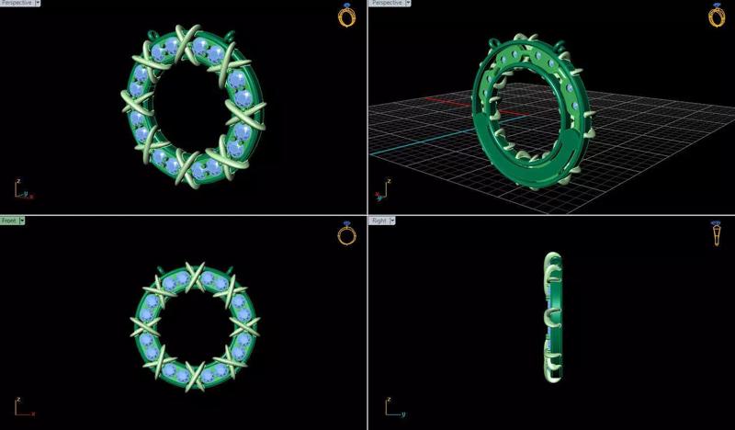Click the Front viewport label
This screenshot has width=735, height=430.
(x=9, y=221)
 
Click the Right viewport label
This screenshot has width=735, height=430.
(x=377, y=221)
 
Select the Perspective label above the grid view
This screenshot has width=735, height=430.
(x=387, y=4)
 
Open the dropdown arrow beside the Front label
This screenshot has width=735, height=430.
(x=22, y=221)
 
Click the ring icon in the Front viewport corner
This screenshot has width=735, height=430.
(x=346, y=234)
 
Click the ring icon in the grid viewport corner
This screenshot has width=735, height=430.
(x=716, y=15)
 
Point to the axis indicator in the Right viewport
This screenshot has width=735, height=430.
(x=390, y=406)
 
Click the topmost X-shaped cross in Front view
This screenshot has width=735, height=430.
(x=195, y=277)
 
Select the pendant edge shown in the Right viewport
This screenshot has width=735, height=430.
(x=552, y=318)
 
